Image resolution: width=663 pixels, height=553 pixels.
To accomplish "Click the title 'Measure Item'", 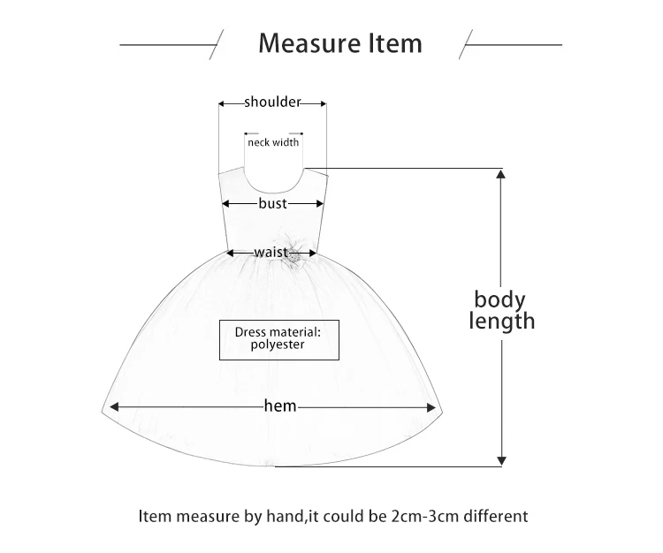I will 339,42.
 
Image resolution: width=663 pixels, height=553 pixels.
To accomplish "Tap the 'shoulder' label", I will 273,102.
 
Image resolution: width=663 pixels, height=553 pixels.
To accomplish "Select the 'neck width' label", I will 273,142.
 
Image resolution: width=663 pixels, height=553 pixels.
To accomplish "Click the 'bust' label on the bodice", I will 273,203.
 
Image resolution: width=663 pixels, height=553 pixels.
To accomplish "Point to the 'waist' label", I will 271,253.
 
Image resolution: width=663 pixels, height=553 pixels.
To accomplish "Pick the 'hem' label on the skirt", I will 280,406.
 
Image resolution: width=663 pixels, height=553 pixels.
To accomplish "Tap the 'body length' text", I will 501,310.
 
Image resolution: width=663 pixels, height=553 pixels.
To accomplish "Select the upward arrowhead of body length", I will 501,175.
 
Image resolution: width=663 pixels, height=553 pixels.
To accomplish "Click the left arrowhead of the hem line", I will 114,407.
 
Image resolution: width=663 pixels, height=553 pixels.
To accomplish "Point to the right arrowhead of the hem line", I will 431,407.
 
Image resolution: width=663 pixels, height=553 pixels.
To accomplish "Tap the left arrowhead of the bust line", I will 227,203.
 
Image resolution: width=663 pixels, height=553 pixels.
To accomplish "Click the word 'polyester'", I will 277,345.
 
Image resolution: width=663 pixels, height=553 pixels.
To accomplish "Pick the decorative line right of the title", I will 513,42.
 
